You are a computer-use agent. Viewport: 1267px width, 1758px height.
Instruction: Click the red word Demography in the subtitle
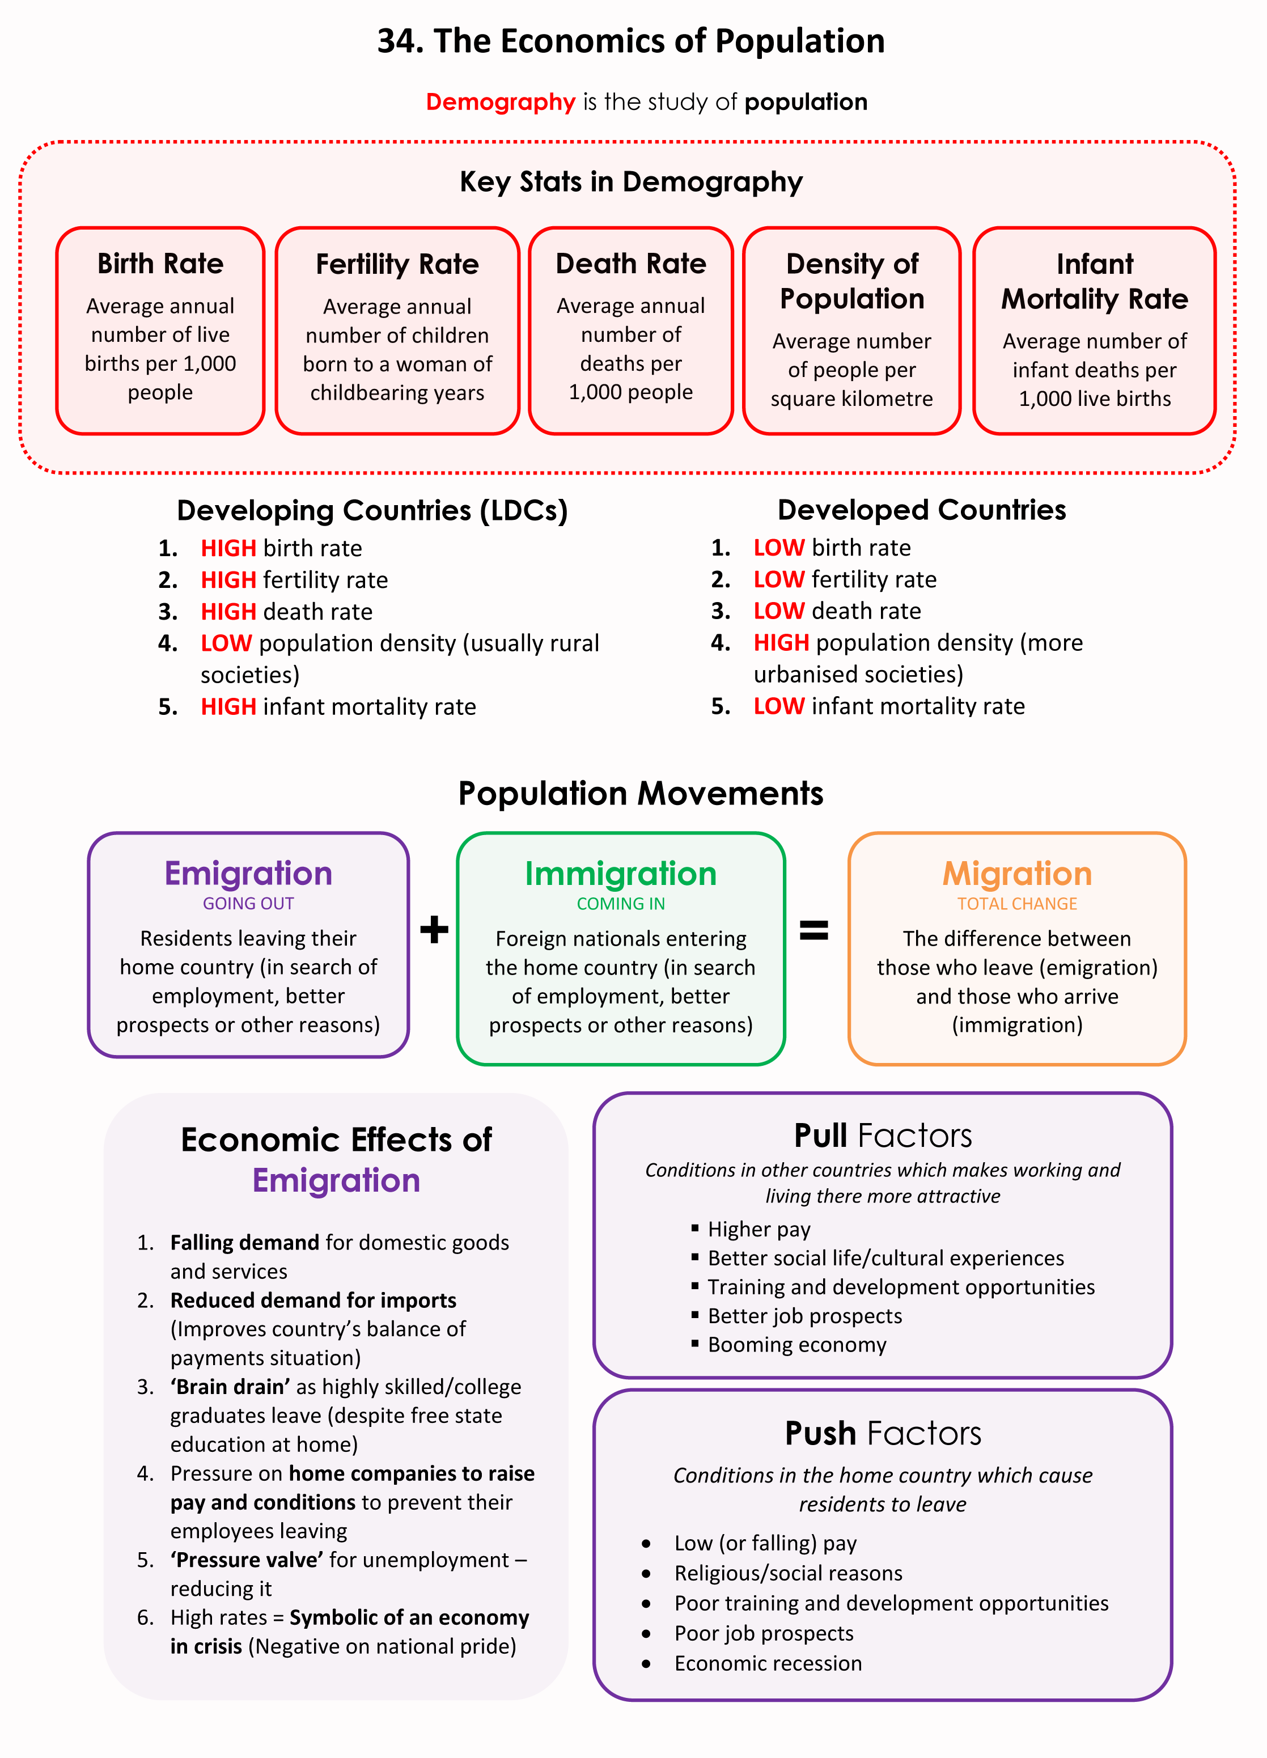click(500, 102)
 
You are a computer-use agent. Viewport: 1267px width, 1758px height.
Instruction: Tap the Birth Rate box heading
click(160, 264)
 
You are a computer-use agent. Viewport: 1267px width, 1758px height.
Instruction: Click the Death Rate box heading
click(631, 264)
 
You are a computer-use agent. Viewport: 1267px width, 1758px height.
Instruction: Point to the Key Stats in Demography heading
click(631, 182)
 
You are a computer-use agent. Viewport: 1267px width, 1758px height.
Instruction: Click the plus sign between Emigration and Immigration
click(434, 929)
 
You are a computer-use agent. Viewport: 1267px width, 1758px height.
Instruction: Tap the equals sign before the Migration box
click(813, 929)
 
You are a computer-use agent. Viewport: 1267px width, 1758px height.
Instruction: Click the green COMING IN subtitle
click(621, 904)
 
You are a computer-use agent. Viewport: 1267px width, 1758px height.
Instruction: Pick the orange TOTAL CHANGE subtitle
click(1016, 904)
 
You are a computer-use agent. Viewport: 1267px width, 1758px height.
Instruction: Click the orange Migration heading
click(1016, 874)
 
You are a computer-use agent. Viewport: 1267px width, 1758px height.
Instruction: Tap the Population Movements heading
click(640, 794)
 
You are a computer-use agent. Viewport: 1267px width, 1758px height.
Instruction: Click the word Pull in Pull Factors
click(821, 1136)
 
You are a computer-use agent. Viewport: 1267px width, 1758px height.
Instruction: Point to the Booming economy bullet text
click(796, 1345)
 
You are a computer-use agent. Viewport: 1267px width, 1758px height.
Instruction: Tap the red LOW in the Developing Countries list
click(226, 643)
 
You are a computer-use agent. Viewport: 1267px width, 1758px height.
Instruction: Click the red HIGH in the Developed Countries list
click(781, 642)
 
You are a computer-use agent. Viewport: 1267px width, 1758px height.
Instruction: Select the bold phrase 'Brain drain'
click(230, 1387)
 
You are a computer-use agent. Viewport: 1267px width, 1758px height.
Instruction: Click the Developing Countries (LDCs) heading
click(372, 511)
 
